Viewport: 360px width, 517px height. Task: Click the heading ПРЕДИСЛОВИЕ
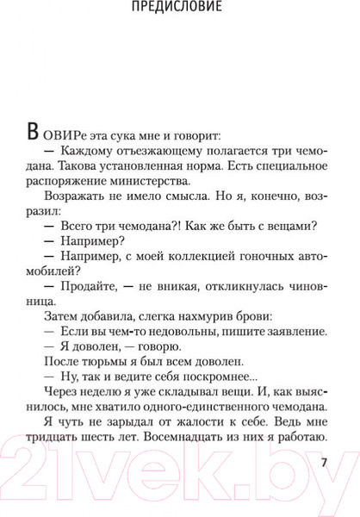180,10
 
